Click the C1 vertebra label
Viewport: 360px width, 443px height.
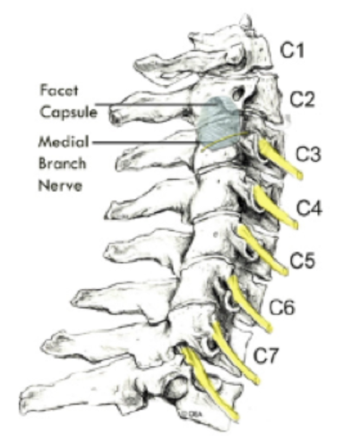292,50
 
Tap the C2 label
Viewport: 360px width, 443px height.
303,99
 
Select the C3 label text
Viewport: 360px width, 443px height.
308,154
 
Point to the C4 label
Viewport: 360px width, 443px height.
310,208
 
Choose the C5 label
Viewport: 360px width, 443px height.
302,260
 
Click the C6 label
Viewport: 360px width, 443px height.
282,307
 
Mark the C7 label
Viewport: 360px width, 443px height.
266,355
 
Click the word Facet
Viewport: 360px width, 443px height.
59,90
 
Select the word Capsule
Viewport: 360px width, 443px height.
69,113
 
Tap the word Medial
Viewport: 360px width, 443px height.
64,141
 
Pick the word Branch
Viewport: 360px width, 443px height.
63,164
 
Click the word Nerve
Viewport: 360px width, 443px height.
60,186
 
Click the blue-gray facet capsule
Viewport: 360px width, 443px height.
218,123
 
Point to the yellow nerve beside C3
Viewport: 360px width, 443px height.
279,158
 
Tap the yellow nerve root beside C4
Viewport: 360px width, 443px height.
275,208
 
